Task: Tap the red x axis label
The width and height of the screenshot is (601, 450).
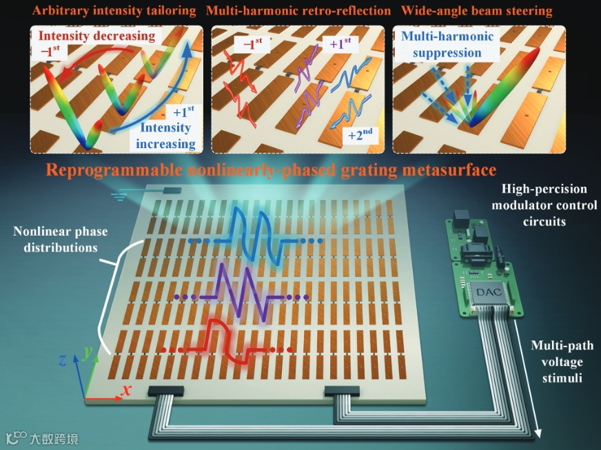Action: pyautogui.click(x=127, y=391)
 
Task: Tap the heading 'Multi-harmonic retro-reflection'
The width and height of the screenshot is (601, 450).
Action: pyautogui.click(x=298, y=11)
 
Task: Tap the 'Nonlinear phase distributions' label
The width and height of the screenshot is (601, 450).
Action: pyautogui.click(x=55, y=240)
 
